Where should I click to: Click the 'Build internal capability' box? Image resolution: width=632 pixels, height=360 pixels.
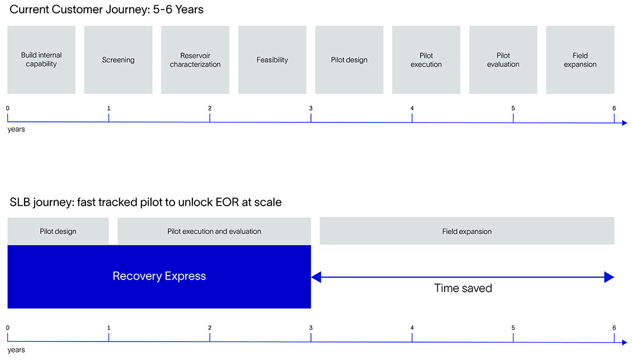pos(41,60)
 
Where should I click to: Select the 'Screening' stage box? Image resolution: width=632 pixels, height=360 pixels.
pos(118,60)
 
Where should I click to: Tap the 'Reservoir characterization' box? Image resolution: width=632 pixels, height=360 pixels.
pos(195,60)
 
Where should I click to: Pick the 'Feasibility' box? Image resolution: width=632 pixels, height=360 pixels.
pos(272,60)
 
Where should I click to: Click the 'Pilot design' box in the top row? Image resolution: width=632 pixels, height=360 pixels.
pos(349,60)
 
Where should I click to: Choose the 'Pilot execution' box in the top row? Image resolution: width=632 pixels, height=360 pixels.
pos(426,60)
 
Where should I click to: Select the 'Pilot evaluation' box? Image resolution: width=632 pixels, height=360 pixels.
pos(503,60)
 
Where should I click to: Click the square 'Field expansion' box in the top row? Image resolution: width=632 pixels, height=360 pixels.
pos(580,60)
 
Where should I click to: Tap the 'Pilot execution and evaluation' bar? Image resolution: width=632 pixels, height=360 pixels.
pos(214,231)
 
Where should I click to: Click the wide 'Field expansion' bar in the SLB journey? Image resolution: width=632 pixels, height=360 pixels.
pos(467,231)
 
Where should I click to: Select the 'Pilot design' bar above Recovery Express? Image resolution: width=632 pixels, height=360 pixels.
pos(58,231)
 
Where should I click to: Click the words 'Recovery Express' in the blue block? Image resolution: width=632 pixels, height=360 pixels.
pos(159,276)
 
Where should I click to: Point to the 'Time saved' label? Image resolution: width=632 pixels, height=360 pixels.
pos(463,288)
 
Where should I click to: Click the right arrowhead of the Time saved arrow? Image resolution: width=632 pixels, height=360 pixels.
pos(609,277)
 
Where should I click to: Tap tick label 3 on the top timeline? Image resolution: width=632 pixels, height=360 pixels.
pos(311,108)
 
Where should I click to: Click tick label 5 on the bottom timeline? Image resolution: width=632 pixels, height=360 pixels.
pos(513,328)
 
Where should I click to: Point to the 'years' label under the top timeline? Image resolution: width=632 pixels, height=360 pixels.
pos(16,129)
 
